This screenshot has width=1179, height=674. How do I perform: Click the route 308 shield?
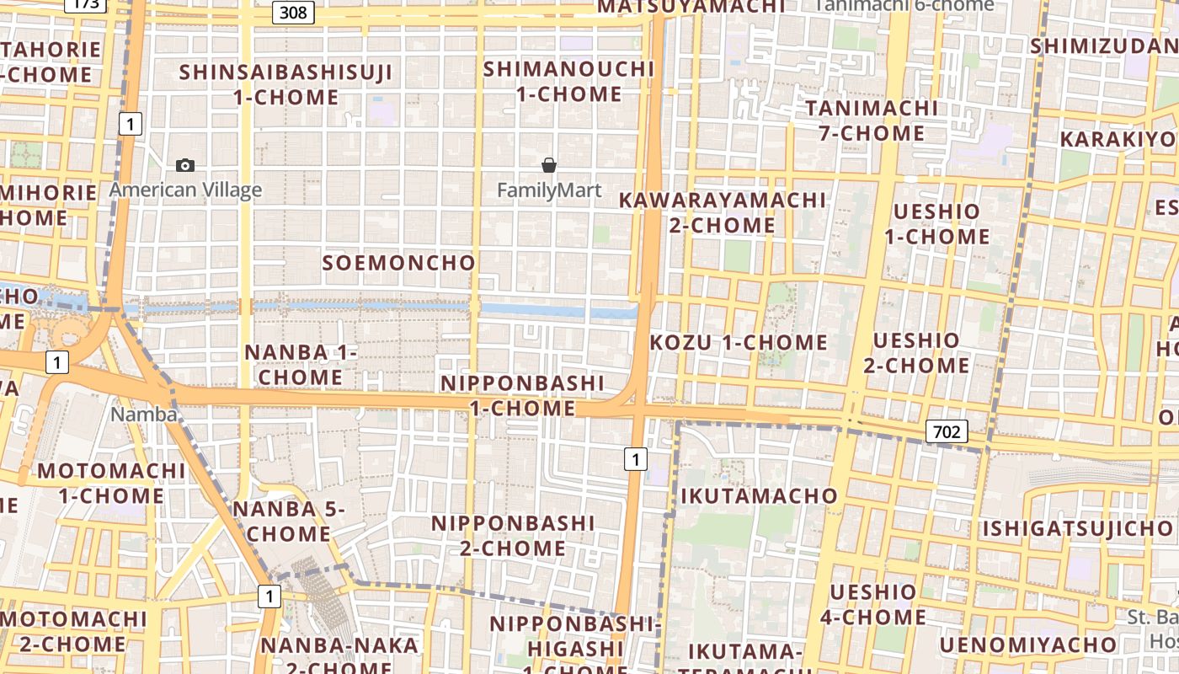(x=293, y=13)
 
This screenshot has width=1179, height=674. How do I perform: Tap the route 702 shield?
(x=947, y=432)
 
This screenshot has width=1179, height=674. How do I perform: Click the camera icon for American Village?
(x=185, y=166)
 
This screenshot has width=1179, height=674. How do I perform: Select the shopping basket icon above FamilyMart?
(x=549, y=165)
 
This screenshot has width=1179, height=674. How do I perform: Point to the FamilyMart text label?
(x=549, y=190)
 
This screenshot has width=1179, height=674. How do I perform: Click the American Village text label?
(x=185, y=190)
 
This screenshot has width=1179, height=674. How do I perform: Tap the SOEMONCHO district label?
(x=399, y=263)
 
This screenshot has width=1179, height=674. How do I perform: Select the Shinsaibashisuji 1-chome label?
(x=285, y=84)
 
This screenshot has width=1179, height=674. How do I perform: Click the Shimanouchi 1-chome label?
(x=568, y=81)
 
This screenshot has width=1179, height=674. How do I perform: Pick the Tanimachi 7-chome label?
(x=872, y=120)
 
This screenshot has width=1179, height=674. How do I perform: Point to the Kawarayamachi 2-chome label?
(x=723, y=212)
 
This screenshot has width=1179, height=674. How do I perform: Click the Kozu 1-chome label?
(x=739, y=342)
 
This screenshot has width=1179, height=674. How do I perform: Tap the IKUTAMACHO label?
(x=759, y=495)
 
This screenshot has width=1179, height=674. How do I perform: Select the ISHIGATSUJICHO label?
(x=1077, y=529)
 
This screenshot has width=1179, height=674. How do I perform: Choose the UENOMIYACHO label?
(x=1028, y=645)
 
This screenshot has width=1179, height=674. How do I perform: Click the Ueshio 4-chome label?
(x=873, y=604)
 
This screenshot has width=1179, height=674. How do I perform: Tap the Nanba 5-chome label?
(x=289, y=522)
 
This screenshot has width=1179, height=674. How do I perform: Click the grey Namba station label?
(x=144, y=415)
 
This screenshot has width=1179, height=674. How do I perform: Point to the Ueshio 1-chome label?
(x=936, y=224)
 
